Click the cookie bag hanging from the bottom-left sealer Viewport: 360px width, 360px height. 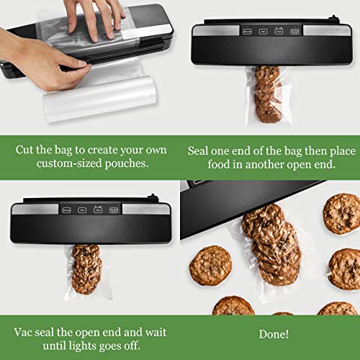tap(87, 271)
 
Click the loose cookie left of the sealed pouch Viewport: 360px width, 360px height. tap(210, 265)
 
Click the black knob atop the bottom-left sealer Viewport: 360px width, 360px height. tap(152, 201)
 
